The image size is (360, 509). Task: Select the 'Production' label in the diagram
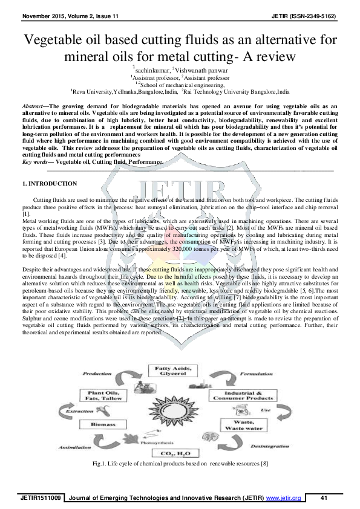point(97,374)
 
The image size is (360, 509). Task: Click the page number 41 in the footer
point(324,498)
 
